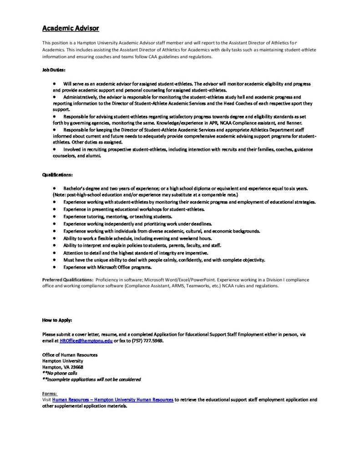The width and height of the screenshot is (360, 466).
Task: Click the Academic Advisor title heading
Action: [x=71, y=28]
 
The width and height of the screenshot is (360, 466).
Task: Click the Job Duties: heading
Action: [x=54, y=70]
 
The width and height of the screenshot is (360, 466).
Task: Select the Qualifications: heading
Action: [x=57, y=174]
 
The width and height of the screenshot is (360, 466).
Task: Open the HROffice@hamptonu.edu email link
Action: [x=86, y=340]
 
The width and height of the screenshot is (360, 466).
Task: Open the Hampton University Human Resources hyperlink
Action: [x=112, y=400]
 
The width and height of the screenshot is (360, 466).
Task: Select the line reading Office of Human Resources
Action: [x=70, y=355]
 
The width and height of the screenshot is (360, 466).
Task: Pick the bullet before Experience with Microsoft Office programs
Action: [x=54, y=267]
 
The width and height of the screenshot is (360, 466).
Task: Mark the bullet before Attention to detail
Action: [x=54, y=253]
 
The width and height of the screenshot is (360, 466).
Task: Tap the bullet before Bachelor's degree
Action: [x=54, y=187]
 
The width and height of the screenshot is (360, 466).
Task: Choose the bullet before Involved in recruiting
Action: [x=54, y=149]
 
